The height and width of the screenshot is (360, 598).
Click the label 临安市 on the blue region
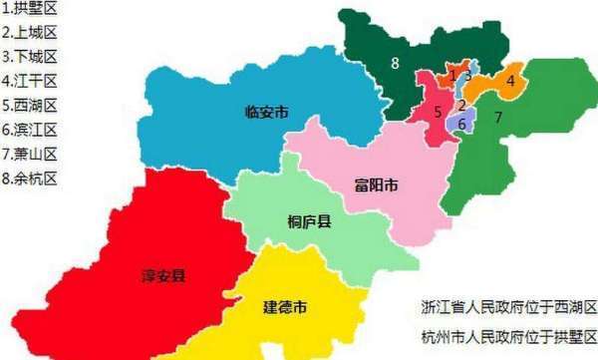coord(266,113)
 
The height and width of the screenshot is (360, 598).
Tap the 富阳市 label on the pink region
coord(377,185)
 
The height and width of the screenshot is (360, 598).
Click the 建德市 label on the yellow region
coord(285,304)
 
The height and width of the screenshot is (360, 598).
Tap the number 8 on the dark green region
coord(395,64)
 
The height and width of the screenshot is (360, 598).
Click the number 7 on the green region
coord(498,117)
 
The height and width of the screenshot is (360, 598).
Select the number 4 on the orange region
coord(509,81)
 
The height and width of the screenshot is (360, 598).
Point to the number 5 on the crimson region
coord(438,112)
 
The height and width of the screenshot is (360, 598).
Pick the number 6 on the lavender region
coord(461,124)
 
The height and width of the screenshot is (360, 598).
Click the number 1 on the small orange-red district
coord(452,75)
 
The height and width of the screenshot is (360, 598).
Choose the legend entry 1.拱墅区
coord(30,11)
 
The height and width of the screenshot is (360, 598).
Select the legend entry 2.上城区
coord(30,35)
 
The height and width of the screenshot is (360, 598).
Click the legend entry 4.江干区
coord(30,82)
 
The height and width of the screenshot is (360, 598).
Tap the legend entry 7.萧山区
coord(30,154)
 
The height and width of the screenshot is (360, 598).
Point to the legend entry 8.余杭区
coord(30,178)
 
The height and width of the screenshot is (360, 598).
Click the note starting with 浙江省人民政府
coord(508,306)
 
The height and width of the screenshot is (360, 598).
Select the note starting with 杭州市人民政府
coord(508,336)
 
